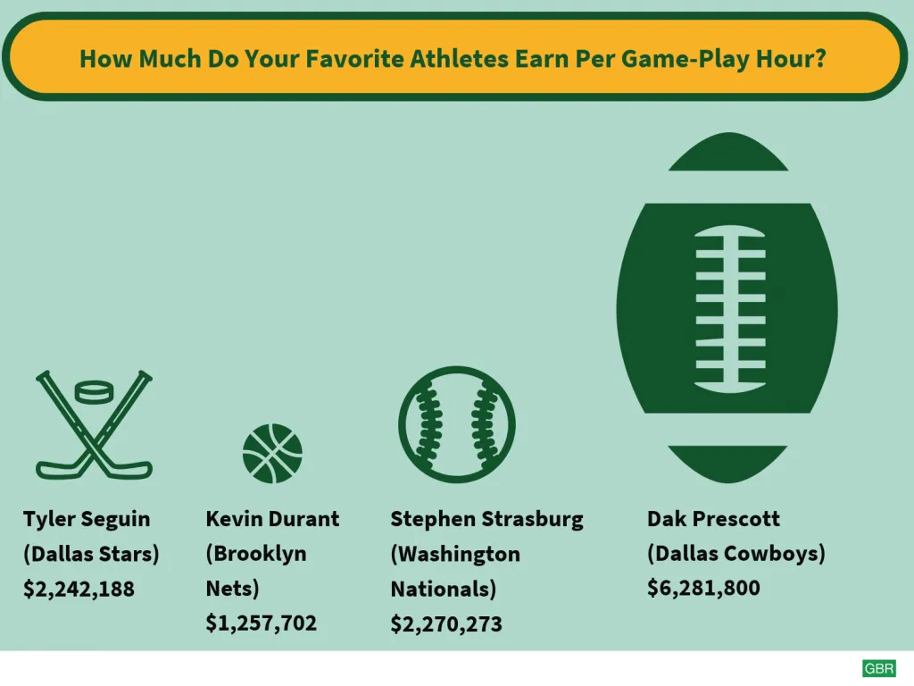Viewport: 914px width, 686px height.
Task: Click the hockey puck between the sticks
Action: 95,392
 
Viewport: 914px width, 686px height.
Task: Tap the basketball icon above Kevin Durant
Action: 272,453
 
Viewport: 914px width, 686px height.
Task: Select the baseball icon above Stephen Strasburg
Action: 457,424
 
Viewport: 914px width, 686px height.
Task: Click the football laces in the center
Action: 730,308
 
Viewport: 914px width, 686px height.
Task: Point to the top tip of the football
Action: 728,133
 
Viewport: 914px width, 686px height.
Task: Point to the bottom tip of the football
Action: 727,482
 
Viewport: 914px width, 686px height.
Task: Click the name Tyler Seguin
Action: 87,519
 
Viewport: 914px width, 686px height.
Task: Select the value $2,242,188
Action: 79,590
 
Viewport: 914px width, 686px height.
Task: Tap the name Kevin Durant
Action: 272,519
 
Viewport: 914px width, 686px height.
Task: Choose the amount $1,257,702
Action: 262,623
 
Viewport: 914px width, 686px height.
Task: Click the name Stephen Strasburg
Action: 486,519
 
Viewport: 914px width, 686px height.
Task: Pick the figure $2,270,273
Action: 446,624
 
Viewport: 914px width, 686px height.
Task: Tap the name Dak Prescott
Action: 713,519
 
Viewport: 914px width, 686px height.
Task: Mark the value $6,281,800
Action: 703,588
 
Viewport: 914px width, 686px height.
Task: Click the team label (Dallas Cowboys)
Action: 736,554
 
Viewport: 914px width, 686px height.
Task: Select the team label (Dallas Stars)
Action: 91,554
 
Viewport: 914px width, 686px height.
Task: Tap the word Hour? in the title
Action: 791,59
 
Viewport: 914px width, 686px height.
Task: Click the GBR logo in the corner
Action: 879,668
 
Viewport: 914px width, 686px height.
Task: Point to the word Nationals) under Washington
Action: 443,590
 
